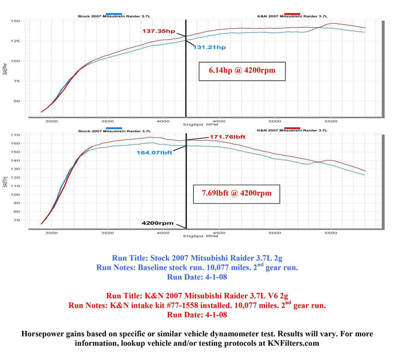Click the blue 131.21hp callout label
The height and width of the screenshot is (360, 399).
[209, 47]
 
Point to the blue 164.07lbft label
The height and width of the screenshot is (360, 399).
[154, 152]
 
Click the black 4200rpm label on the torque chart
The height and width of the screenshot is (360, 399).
[158, 224]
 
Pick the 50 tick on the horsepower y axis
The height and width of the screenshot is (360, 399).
[16, 101]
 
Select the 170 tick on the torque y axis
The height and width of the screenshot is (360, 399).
[15, 135]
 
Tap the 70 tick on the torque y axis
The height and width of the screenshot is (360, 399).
[16, 220]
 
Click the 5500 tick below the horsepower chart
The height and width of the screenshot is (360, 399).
[331, 121]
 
